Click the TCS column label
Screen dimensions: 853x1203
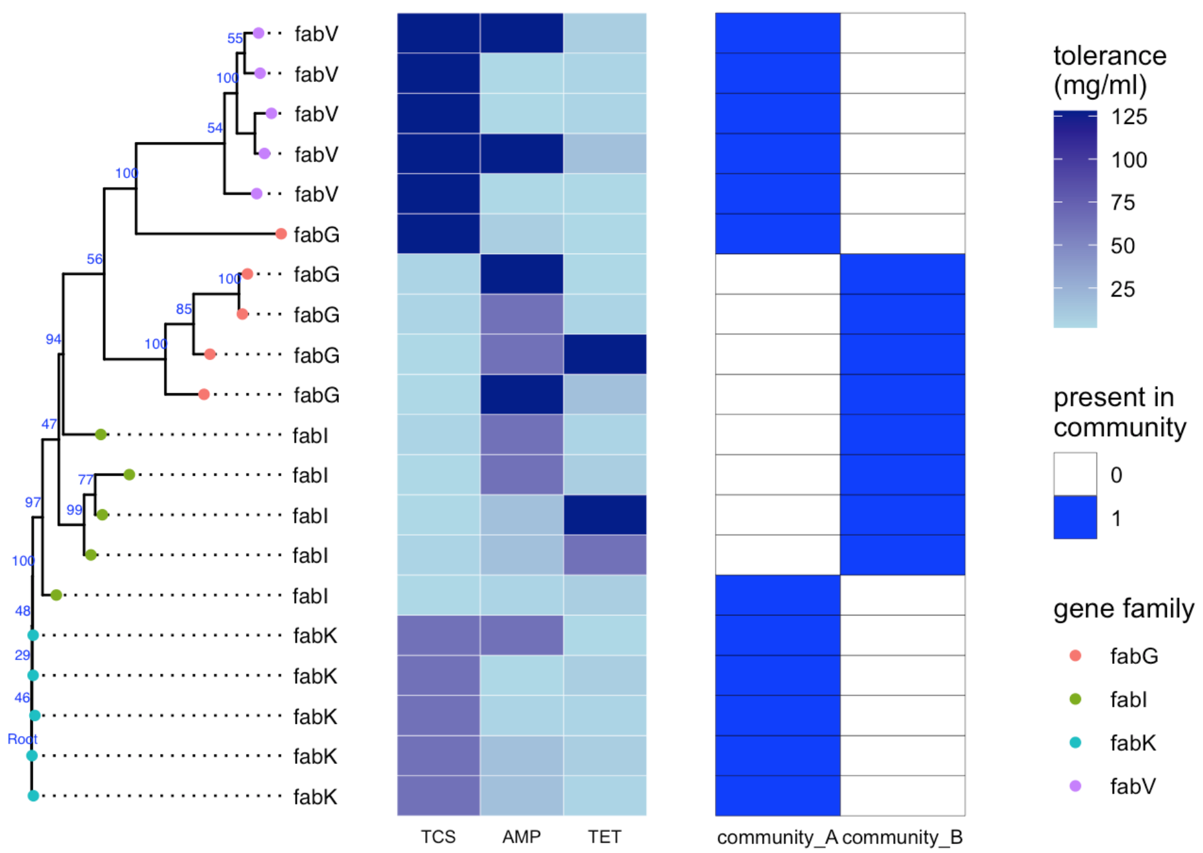tap(438, 837)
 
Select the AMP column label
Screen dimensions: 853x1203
tap(521, 837)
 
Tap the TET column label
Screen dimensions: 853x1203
tap(604, 837)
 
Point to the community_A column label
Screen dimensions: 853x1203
tap(777, 838)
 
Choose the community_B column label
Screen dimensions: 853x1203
tap(902, 838)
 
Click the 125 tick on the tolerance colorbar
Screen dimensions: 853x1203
tap(1129, 117)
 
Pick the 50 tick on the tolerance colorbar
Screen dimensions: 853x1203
tap(1122, 246)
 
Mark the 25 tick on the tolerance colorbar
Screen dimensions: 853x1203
tap(1122, 289)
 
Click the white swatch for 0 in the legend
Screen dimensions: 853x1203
tap(1075, 474)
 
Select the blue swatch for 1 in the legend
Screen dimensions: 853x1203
tap(1075, 517)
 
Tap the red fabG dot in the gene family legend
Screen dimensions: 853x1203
tap(1075, 656)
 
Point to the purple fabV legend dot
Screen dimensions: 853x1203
tap(1075, 786)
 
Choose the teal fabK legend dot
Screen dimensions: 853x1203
tap(1075, 743)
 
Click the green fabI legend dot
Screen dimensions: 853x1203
tap(1075, 699)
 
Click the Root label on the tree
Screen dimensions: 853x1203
tap(22, 739)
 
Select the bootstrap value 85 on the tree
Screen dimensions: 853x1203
tap(184, 309)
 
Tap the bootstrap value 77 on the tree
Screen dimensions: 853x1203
tap(86, 479)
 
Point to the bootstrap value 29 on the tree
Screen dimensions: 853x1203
tap(23, 655)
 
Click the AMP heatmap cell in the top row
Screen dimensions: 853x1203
tap(521, 33)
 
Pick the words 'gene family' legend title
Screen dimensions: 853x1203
tap(1123, 608)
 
